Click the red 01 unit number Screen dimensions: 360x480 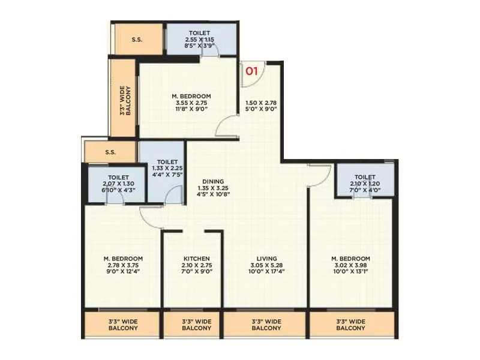[251, 71]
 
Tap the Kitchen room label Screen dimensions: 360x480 [196, 258]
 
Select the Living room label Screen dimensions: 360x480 [265, 258]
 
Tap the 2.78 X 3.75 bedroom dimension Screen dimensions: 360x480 [122, 265]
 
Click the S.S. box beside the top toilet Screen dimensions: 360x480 [137, 41]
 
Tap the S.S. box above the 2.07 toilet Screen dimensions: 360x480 [110, 152]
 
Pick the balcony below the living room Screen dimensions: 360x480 [265, 325]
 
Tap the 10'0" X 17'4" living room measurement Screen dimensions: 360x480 [265, 271]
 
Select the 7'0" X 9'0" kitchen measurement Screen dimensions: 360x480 [196, 271]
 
